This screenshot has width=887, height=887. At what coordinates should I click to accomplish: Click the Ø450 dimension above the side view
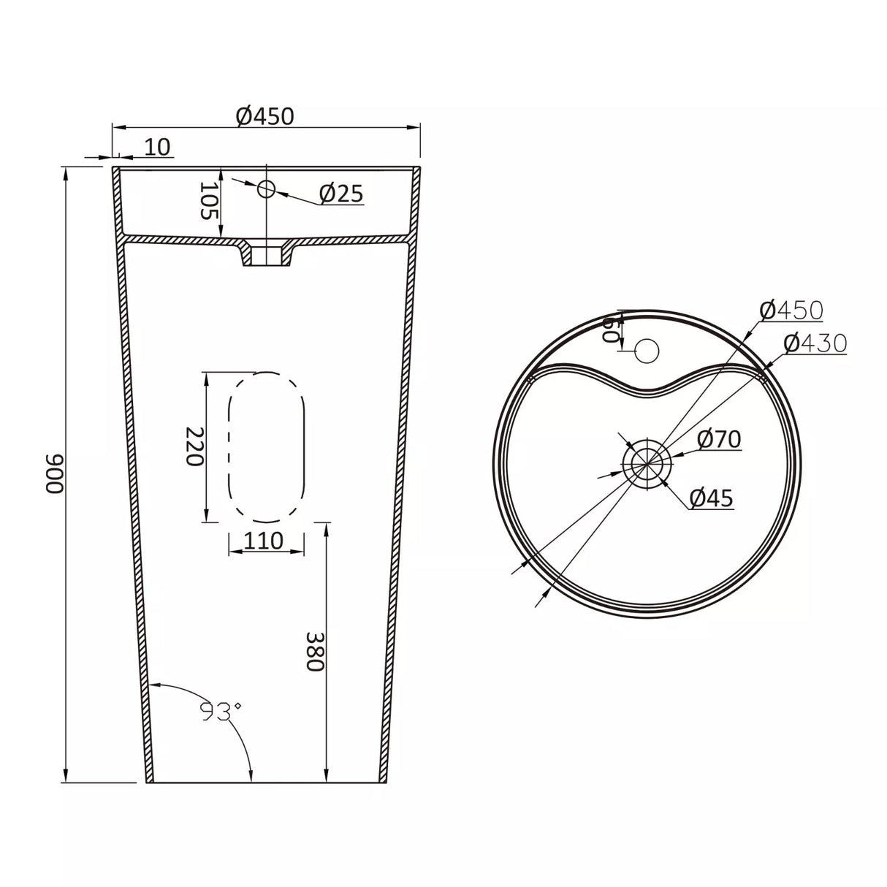point(265,115)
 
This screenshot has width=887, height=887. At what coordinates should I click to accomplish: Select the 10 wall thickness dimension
point(157,147)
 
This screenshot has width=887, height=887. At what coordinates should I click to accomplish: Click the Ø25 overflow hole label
point(341,194)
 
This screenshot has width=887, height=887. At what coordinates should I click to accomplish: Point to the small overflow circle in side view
point(266,189)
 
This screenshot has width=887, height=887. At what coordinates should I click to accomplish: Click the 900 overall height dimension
point(56,475)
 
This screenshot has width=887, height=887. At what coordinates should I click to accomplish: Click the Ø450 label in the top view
point(791,311)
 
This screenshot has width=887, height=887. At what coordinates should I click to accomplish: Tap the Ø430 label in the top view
point(815,343)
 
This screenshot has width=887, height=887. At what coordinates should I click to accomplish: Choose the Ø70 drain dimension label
point(719,439)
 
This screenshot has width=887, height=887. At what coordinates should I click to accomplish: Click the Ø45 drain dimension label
point(711,498)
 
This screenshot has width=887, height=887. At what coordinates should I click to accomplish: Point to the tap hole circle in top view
point(647,351)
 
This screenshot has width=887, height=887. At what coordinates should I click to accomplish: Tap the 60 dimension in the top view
point(608,330)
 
